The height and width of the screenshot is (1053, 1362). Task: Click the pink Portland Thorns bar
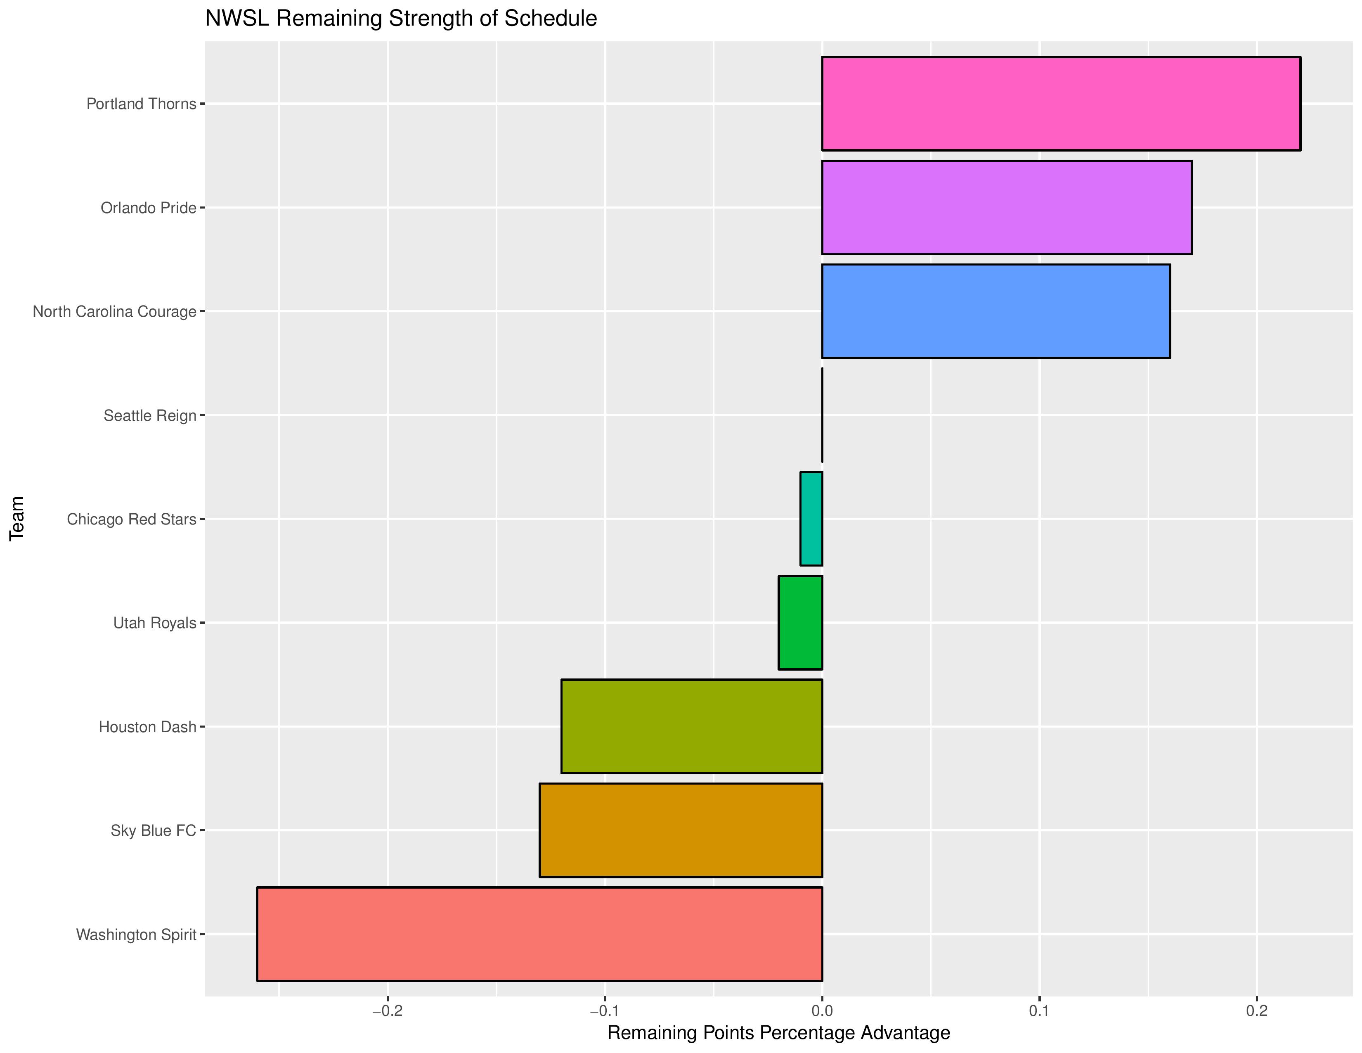pos(1060,104)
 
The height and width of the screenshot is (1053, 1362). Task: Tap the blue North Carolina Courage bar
pos(995,311)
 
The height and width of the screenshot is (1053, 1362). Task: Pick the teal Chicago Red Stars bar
pos(811,519)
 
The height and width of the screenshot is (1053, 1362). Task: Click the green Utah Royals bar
pos(800,623)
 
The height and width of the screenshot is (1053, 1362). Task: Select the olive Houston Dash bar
pos(692,727)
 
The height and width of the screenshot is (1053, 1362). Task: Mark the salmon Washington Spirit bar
pos(539,934)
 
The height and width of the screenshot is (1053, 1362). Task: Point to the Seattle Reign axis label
pos(150,415)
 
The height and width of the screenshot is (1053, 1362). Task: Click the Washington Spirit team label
pos(136,934)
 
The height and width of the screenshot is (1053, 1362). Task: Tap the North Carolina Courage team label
pos(114,311)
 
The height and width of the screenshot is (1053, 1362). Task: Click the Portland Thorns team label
pos(141,104)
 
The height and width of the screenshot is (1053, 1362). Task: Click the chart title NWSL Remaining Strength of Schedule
pos(401,19)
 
